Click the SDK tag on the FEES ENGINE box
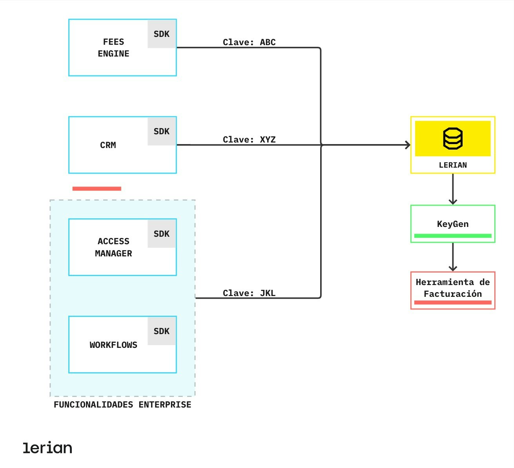click(x=162, y=34)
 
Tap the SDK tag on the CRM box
click(x=162, y=132)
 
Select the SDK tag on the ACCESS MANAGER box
click(x=162, y=234)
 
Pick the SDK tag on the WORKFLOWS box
click(x=162, y=331)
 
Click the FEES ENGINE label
click(x=113, y=48)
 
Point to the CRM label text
click(x=108, y=145)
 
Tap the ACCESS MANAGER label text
click(x=113, y=247)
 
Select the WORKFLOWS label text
click(x=113, y=345)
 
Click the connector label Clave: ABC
click(x=249, y=42)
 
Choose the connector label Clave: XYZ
click(x=249, y=140)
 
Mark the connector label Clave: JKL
click(x=249, y=293)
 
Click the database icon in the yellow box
click(x=453, y=139)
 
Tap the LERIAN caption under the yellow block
click(x=453, y=165)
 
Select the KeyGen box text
click(x=453, y=224)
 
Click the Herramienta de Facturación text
click(x=453, y=288)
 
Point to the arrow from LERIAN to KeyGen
click(x=453, y=189)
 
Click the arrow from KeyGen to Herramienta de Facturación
click(x=453, y=257)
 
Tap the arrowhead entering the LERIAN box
click(x=408, y=145)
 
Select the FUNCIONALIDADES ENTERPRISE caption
click(x=122, y=405)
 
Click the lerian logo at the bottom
click(x=47, y=448)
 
